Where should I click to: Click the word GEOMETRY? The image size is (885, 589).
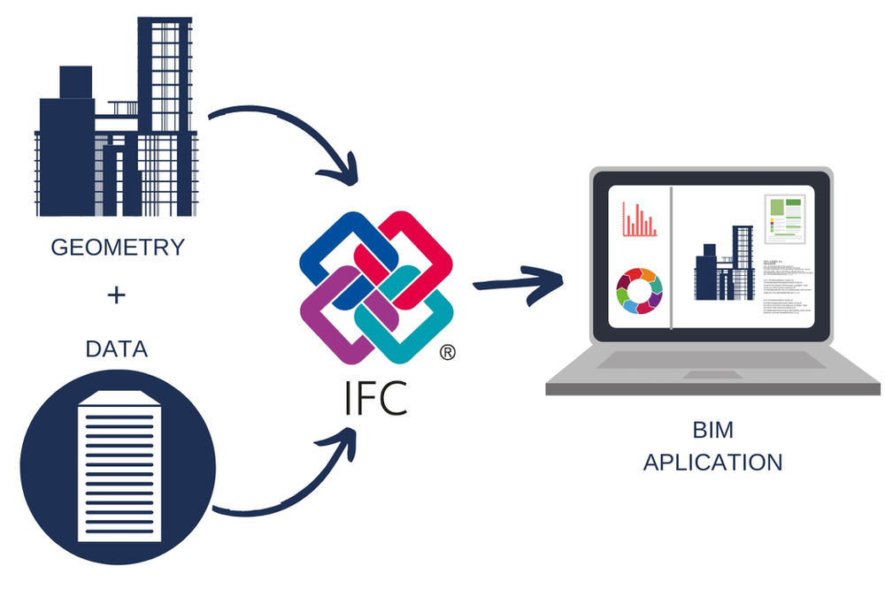(117, 247)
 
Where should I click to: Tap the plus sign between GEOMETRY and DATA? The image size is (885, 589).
(116, 295)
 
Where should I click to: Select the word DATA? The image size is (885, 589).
(116, 348)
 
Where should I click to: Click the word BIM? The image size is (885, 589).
(712, 432)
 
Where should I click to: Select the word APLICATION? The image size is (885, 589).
(712, 462)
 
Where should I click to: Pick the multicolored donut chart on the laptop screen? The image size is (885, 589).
(639, 290)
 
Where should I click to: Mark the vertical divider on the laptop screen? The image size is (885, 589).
(672, 256)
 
